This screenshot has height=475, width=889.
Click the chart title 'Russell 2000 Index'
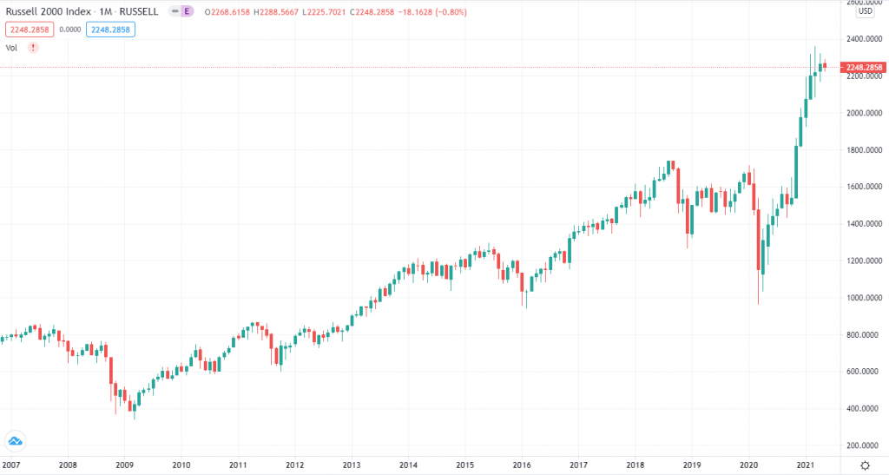[43, 12]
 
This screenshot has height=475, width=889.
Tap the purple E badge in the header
[187, 12]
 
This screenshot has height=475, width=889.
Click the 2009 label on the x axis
[124, 465]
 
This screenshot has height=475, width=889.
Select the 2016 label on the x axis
[521, 465]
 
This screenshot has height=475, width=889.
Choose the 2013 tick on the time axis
[351, 465]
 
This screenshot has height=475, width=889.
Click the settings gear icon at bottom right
[864, 465]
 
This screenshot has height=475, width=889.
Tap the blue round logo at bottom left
[15, 442]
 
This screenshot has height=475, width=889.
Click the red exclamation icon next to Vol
[33, 47]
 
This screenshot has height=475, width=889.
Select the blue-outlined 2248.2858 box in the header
[110, 29]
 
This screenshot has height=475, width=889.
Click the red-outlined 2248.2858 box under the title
[29, 29]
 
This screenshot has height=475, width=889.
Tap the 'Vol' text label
[12, 47]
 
